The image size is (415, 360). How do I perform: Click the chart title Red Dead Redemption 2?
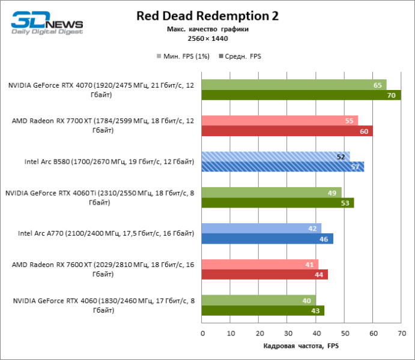[x=207, y=16]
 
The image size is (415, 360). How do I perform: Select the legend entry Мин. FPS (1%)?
[x=180, y=56]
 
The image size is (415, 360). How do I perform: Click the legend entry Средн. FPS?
[x=243, y=56]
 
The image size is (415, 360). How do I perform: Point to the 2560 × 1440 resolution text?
[x=207, y=38]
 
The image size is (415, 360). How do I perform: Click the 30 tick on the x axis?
[x=288, y=333]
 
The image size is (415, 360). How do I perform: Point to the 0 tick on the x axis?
[x=202, y=333]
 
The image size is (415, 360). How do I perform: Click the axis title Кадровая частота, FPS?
[x=301, y=347]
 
